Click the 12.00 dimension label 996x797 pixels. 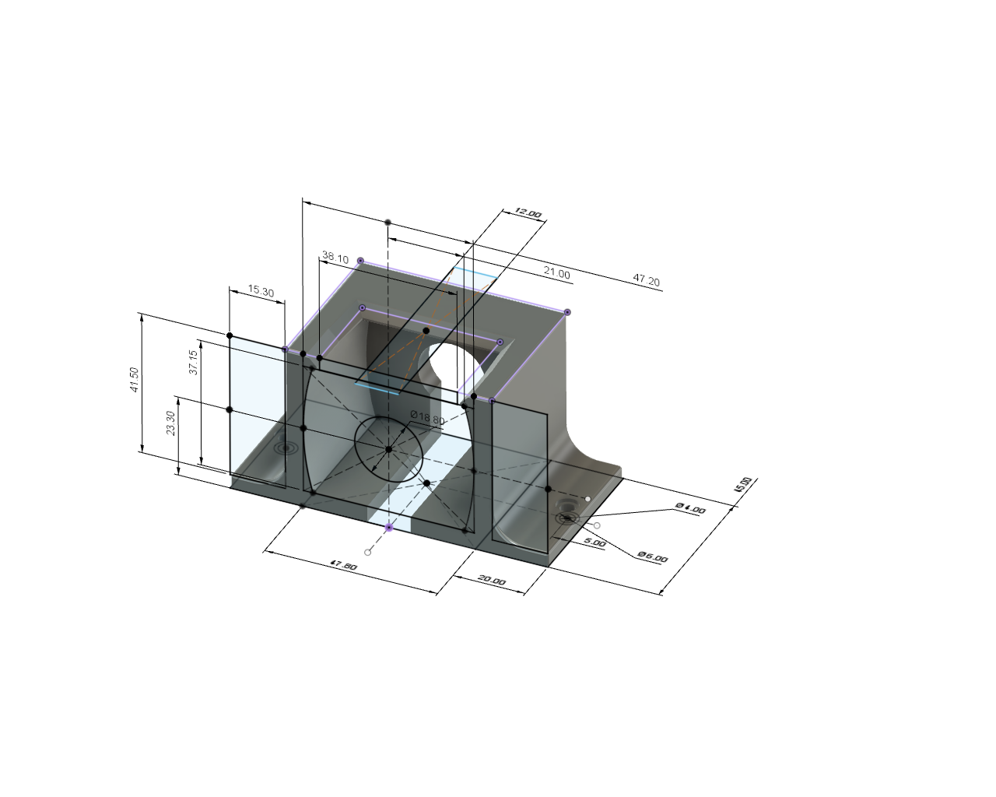pyautogui.click(x=528, y=213)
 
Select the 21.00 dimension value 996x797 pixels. pyautogui.click(x=556, y=274)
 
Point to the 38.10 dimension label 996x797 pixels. pyautogui.click(x=335, y=258)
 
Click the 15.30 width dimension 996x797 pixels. pyautogui.click(x=261, y=292)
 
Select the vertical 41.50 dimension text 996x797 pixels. pyautogui.click(x=135, y=379)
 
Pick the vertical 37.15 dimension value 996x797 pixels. pyautogui.click(x=194, y=362)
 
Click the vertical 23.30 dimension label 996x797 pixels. pyautogui.click(x=171, y=423)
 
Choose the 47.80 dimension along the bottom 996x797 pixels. pyautogui.click(x=343, y=566)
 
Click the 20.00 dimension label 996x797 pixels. pyautogui.click(x=491, y=581)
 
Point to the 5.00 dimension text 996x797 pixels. pyautogui.click(x=594, y=542)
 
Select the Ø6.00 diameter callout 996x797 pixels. pyautogui.click(x=652, y=557)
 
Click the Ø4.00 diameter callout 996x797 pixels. pyautogui.click(x=690, y=508)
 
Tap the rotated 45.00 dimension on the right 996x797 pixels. pyautogui.click(x=743, y=485)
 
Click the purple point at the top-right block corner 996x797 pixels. pyautogui.click(x=567, y=312)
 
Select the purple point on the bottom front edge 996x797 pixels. pyautogui.click(x=389, y=527)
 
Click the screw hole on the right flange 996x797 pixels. pyautogui.click(x=566, y=518)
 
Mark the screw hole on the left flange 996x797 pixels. pyautogui.click(x=286, y=448)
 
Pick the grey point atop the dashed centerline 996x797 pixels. pyautogui.click(x=388, y=223)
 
